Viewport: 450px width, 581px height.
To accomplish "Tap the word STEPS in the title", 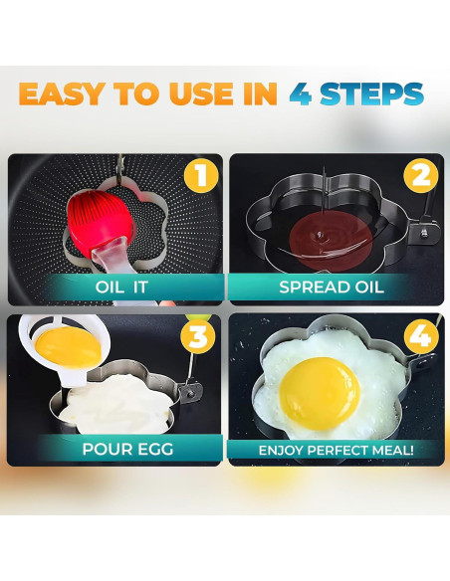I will [x=374, y=94].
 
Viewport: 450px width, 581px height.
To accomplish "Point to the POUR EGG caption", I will [x=113, y=449].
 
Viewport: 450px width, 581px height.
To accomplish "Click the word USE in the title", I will [x=204, y=94].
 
